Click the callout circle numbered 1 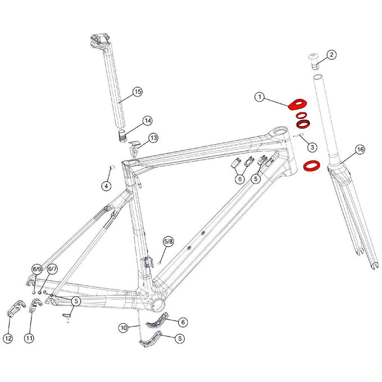[260, 97]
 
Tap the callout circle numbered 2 [331, 55]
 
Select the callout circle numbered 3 [312, 147]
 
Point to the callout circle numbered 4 [106, 187]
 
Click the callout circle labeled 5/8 [169, 242]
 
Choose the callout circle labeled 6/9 [37, 269]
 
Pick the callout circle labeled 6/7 [52, 269]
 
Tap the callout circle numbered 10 [124, 328]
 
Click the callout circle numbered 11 [29, 338]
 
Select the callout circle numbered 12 [8, 338]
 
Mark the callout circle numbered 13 [153, 138]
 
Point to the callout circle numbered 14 [148, 121]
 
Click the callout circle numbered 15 [138, 92]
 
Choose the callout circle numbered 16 [360, 149]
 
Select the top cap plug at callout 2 [315, 61]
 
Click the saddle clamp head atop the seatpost [100, 42]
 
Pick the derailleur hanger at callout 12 [15, 308]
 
